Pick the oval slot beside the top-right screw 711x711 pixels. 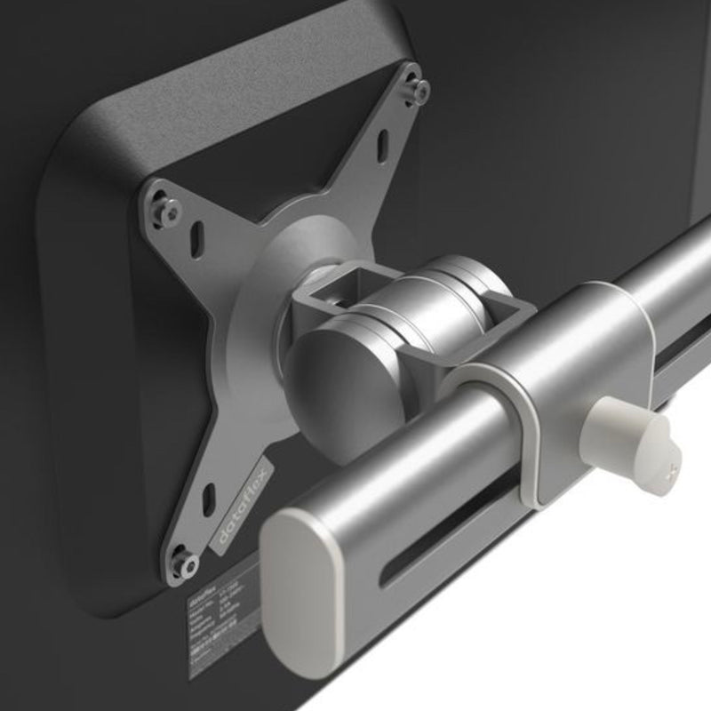click(383, 144)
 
